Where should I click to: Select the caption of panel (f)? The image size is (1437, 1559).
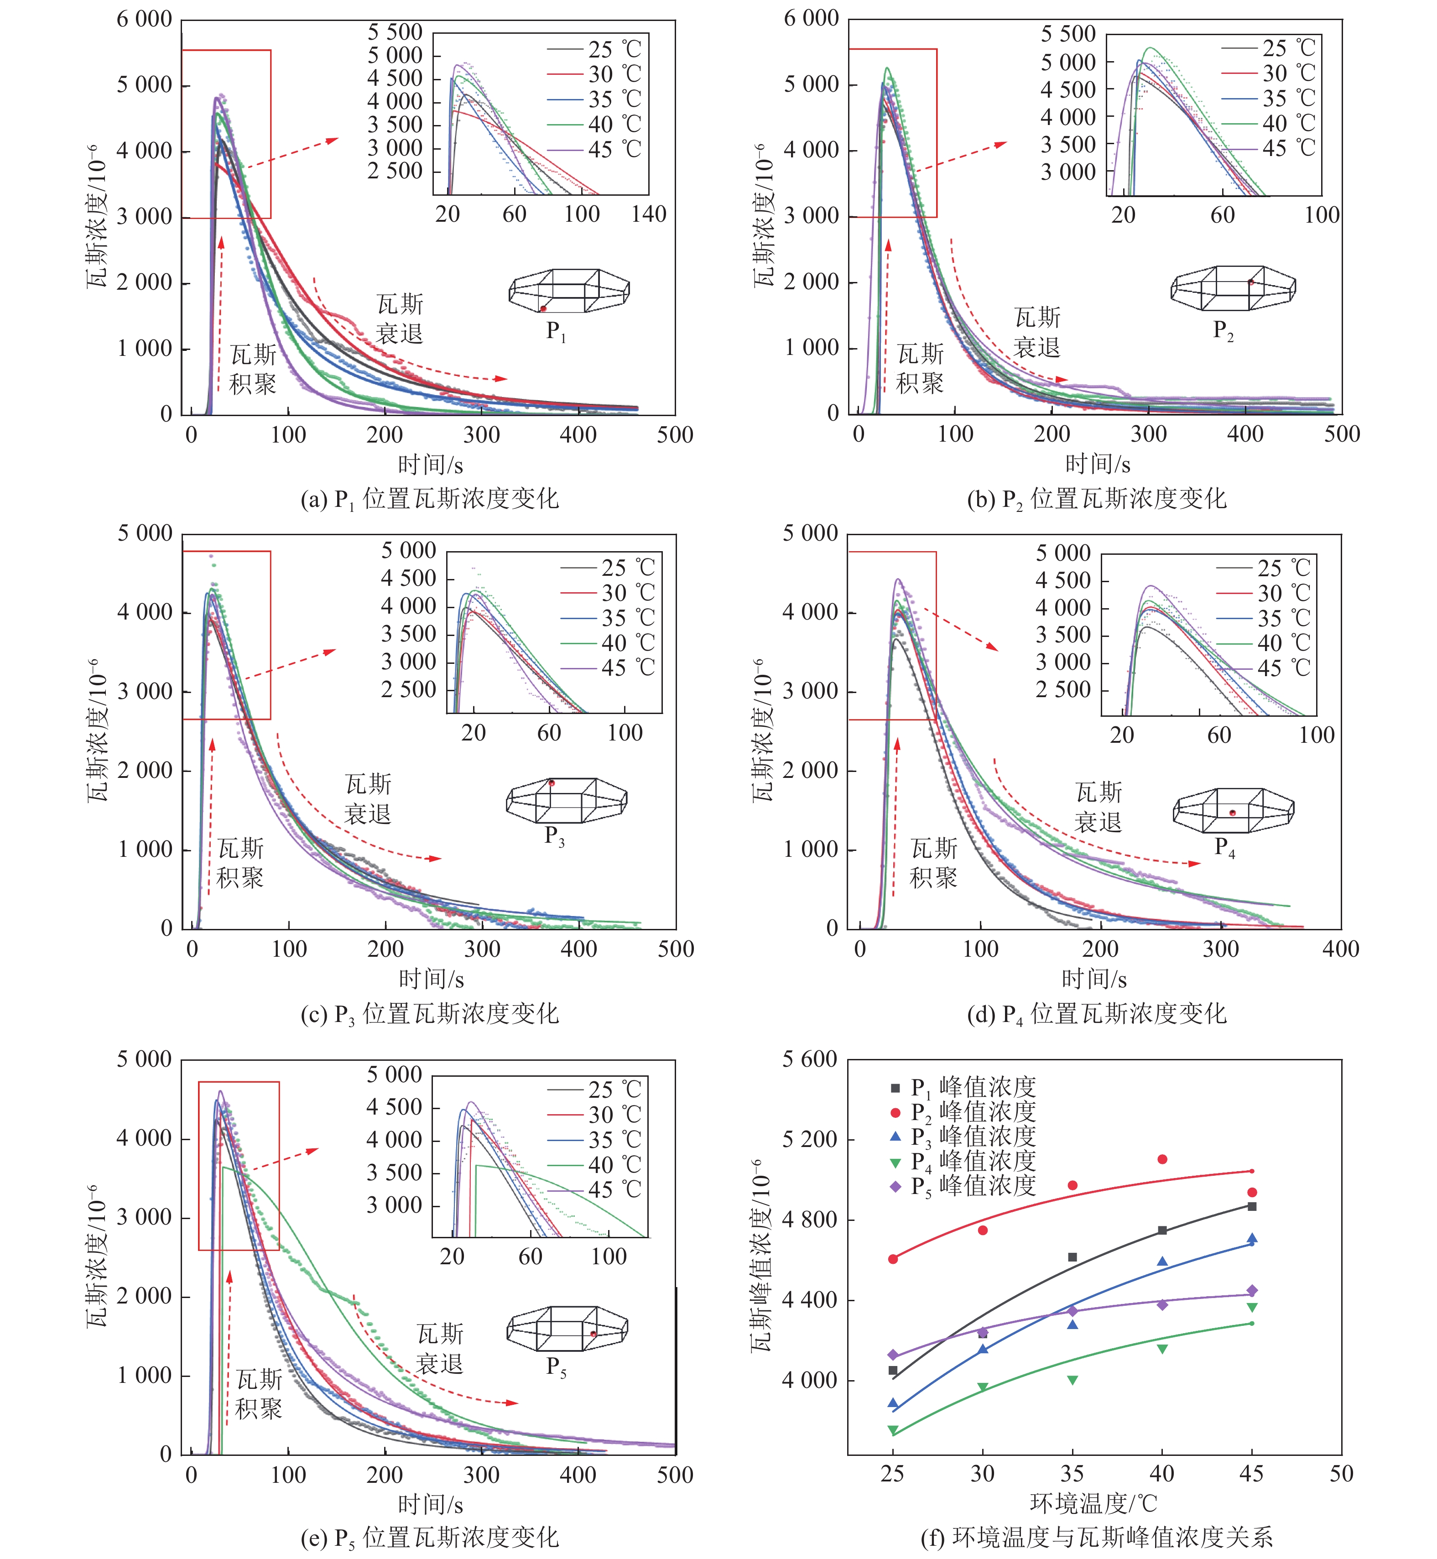pos(1096,1537)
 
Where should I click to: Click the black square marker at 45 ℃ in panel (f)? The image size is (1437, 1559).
pos(1252,1206)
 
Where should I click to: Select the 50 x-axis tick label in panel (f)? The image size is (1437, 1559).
pos(1341,1474)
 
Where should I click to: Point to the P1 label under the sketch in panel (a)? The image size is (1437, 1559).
pos(555,332)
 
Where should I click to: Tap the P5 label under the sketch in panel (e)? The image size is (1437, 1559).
pos(556,1366)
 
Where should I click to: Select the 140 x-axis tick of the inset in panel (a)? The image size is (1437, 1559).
pos(649,214)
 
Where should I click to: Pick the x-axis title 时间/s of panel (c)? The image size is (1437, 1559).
pos(431,979)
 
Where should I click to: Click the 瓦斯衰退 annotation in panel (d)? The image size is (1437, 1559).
pos(1098,807)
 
